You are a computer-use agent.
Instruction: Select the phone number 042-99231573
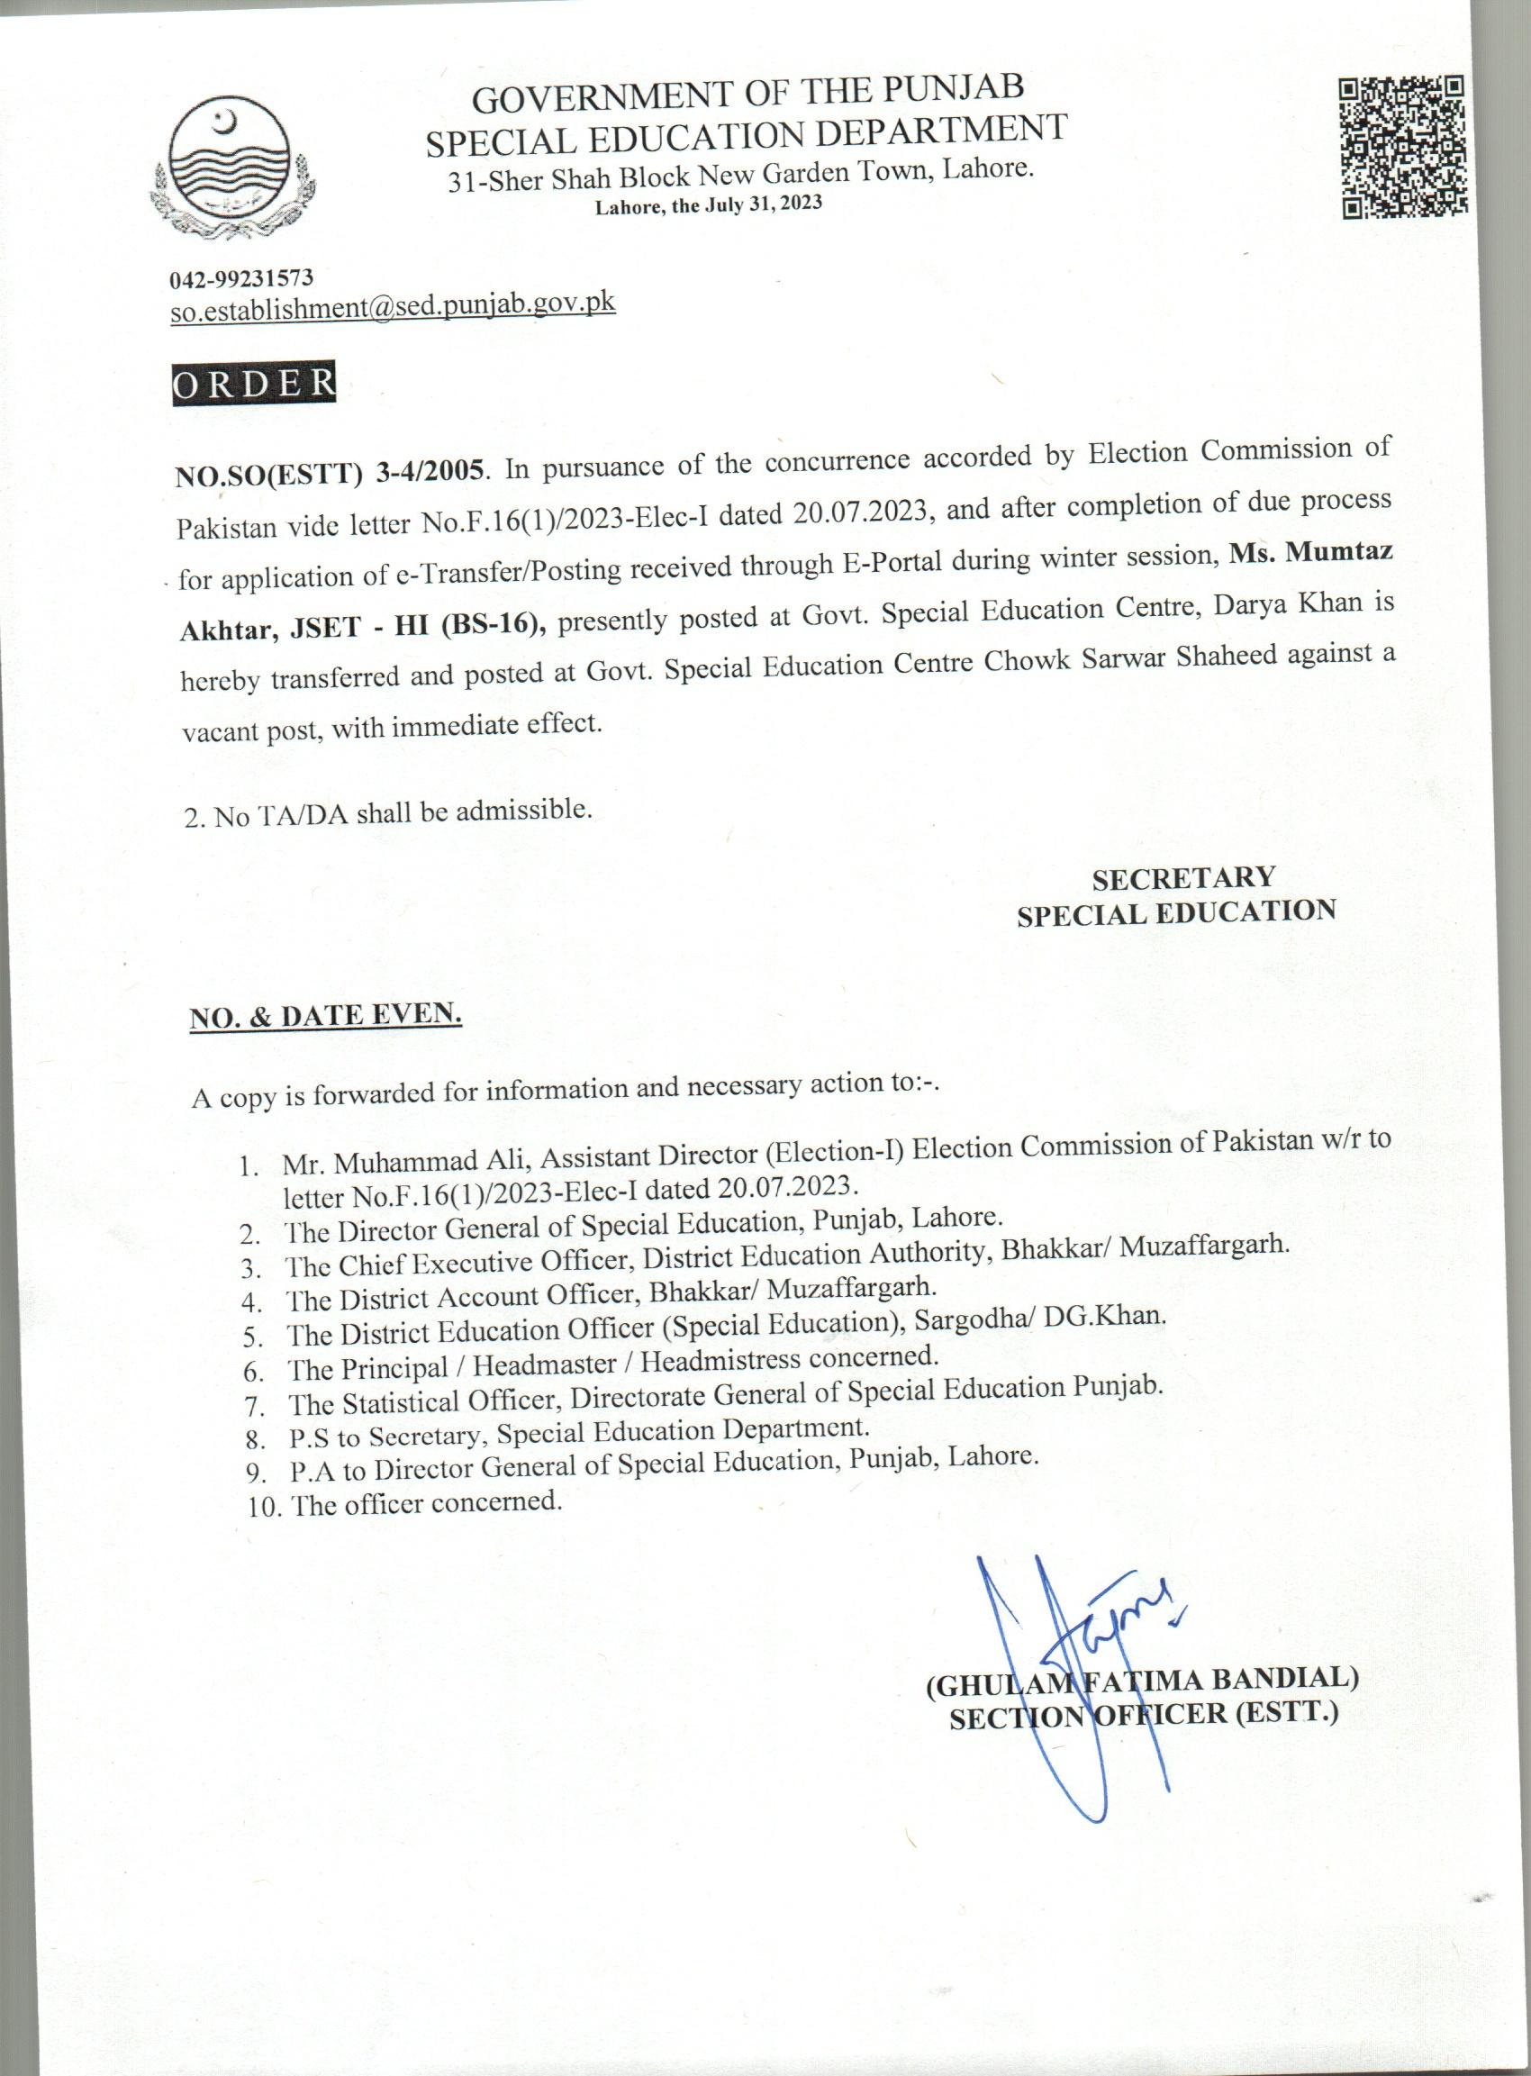click(241, 277)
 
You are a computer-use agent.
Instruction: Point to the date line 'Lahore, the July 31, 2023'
click(708, 204)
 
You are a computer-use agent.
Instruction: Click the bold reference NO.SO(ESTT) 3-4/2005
click(329, 473)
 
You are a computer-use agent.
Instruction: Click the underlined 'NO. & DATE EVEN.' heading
click(325, 1016)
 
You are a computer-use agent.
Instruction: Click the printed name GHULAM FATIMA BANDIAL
click(1142, 1679)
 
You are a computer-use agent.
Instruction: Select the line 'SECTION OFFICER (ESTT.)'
click(1144, 1716)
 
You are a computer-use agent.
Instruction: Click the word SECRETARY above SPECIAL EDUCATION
click(1183, 876)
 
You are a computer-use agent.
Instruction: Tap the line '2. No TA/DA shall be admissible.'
click(387, 813)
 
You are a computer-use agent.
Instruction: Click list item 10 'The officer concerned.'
click(406, 1502)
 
